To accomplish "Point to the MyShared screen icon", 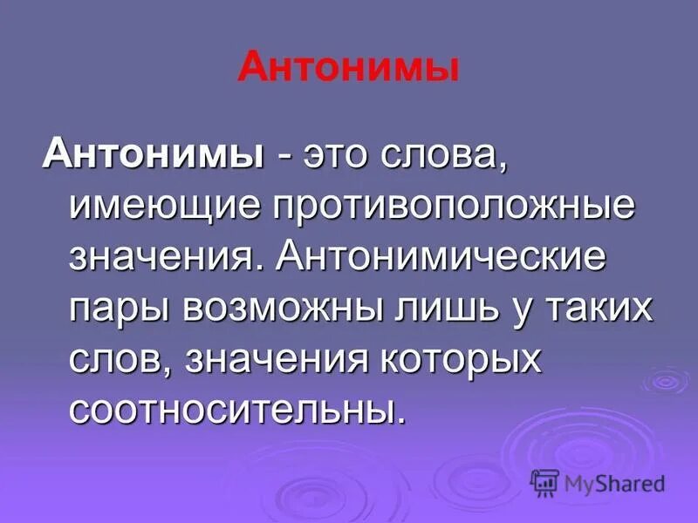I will pos(544,483).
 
